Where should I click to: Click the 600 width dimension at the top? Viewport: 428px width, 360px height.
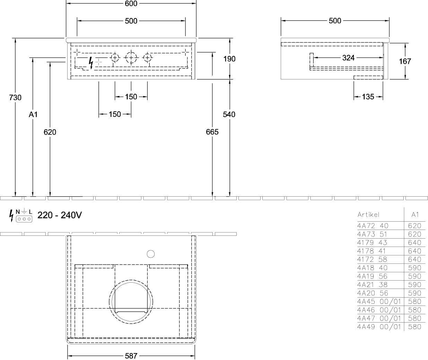point(131,3)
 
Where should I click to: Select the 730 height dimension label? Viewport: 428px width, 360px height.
point(15,97)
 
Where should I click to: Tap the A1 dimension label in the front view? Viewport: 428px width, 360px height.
point(33,114)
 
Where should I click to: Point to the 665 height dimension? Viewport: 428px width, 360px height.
point(212,132)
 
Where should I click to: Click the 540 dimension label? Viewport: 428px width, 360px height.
point(229,114)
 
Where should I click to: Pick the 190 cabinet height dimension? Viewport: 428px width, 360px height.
point(229,59)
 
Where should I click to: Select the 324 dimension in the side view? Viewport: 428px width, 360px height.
point(348,58)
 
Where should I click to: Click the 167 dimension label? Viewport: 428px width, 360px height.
point(405,61)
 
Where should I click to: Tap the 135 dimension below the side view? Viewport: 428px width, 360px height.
point(368,97)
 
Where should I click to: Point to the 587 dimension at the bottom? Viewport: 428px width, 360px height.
point(131,356)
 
